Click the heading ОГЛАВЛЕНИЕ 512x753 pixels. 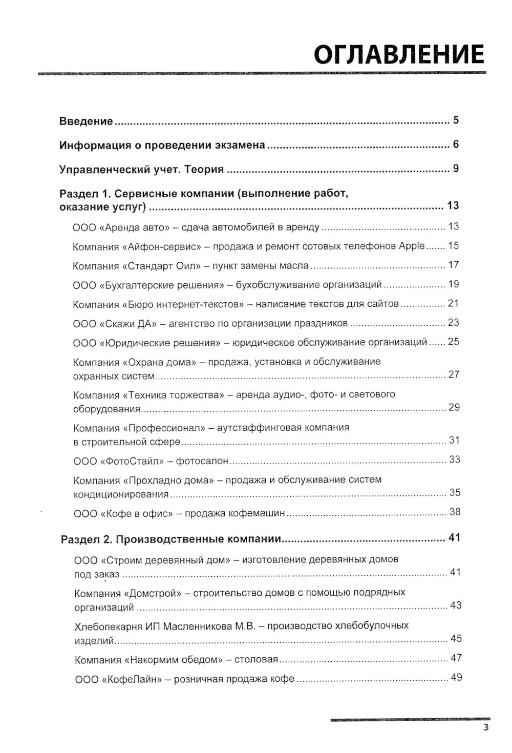399,54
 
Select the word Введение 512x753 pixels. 86,121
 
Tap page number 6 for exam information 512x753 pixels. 456,144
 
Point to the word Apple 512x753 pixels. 412,246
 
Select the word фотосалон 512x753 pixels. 202,461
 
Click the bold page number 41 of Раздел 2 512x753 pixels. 454,538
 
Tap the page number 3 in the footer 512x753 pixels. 486,728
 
